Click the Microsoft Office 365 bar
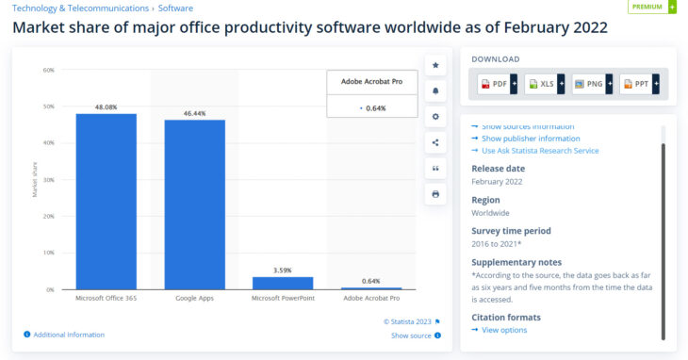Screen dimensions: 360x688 coord(106,201)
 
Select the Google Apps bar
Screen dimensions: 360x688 coord(194,204)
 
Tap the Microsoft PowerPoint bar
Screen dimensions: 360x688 coord(283,283)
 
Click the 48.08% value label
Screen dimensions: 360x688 coord(106,107)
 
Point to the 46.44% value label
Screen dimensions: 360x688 coord(194,113)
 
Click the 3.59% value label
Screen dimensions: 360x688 coord(283,270)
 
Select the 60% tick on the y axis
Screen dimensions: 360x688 coord(48,70)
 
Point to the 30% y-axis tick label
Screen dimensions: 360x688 coord(48,180)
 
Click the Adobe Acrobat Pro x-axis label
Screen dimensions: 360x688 coord(371,299)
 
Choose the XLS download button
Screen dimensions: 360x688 coord(544,84)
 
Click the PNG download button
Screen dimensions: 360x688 coord(591,84)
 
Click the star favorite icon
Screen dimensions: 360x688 coord(435,65)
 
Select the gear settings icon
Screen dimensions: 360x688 coord(435,117)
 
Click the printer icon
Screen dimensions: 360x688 coord(435,194)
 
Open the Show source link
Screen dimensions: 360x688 coord(411,335)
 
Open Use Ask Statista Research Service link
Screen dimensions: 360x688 coord(539,151)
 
